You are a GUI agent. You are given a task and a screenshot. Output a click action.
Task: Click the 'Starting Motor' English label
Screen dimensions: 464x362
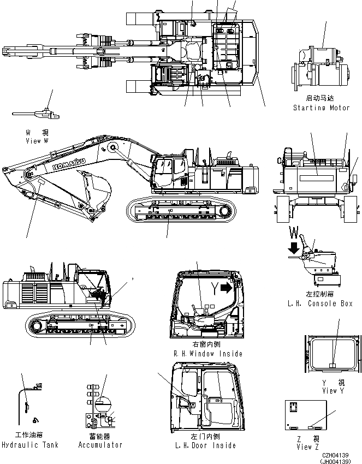[x=321, y=108]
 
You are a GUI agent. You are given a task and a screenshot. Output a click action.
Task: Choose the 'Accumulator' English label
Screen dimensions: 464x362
[x=100, y=445]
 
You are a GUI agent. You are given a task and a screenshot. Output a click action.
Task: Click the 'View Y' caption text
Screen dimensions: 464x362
[x=333, y=390]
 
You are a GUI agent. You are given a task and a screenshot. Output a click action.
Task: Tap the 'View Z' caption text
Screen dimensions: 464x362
[x=305, y=447]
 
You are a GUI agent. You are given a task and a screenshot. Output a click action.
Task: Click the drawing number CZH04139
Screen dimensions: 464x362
[x=335, y=455]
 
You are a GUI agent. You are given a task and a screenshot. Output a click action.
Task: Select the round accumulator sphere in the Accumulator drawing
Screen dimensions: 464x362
[x=102, y=404]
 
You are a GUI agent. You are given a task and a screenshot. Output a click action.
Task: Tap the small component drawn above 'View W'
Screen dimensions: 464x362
[x=38, y=114]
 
